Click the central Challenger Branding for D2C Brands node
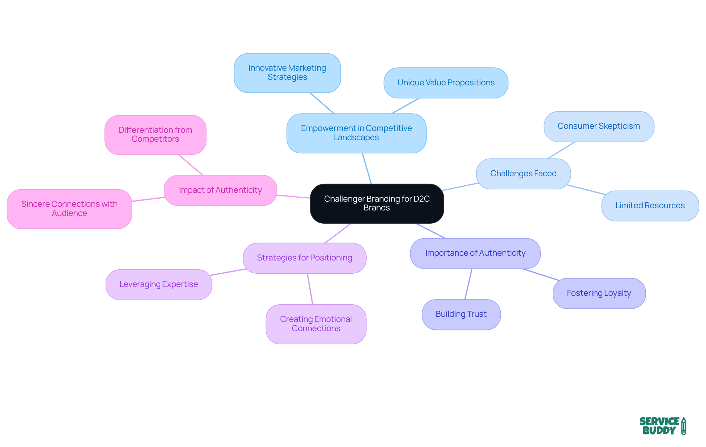click(377, 203)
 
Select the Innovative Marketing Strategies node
click(287, 73)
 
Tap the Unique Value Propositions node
click(446, 83)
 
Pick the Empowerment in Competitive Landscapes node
click(356, 133)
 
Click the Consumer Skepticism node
click(599, 126)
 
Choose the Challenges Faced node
click(523, 174)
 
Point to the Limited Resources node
click(650, 206)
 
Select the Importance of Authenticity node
click(475, 253)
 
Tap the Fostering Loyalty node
click(599, 293)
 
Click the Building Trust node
click(461, 314)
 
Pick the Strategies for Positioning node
click(304, 258)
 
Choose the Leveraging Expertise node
click(158, 284)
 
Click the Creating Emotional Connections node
click(316, 324)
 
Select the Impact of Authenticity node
click(220, 190)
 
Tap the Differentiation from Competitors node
click(155, 135)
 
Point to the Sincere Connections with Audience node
click(69, 209)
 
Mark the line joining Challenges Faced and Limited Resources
click(586, 190)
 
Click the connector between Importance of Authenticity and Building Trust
click(468, 284)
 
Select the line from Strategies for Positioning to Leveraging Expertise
click(228, 272)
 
